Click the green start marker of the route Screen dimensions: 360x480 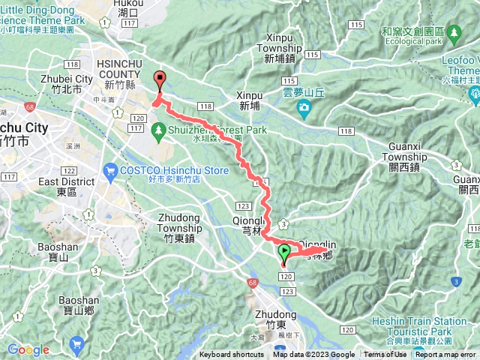284,253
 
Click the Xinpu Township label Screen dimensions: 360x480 279,42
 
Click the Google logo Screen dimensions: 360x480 28,350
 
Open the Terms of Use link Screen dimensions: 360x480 385,355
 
